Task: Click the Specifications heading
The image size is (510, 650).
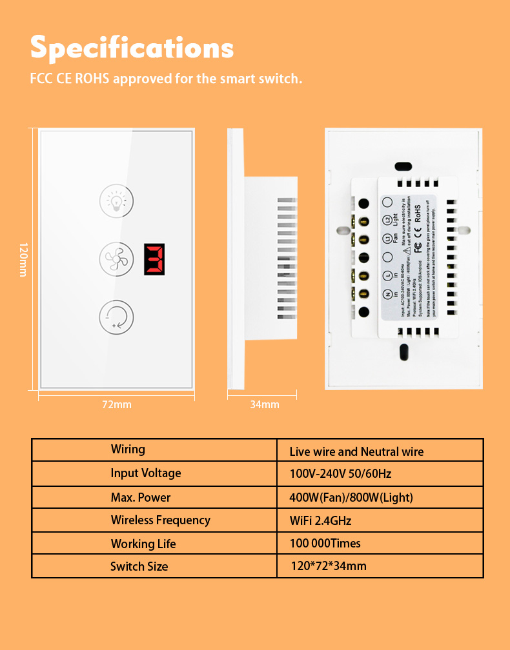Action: coord(132,48)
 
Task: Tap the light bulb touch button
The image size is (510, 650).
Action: coord(117,200)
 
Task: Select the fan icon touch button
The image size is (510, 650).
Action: coord(117,259)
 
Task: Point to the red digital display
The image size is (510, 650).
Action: coord(154,259)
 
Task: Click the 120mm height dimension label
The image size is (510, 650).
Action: coord(23,260)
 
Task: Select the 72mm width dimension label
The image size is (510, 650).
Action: coord(117,404)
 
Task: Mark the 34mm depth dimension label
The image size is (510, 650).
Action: coord(265,404)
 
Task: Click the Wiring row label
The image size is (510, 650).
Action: coord(128,449)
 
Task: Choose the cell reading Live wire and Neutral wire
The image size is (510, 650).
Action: coord(356,451)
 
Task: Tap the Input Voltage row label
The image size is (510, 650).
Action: coord(146,473)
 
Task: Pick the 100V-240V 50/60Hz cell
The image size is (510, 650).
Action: coord(340,474)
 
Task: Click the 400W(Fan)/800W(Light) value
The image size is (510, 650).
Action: coord(351,497)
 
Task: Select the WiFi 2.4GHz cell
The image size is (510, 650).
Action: coord(321,520)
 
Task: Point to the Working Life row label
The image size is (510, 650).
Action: coord(143,544)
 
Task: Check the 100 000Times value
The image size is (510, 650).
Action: coord(325,543)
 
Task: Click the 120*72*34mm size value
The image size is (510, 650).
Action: coord(329,566)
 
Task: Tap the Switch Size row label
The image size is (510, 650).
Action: coord(139,567)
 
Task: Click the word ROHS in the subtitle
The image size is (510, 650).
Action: coord(94,79)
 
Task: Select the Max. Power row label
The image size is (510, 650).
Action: coord(141,497)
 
